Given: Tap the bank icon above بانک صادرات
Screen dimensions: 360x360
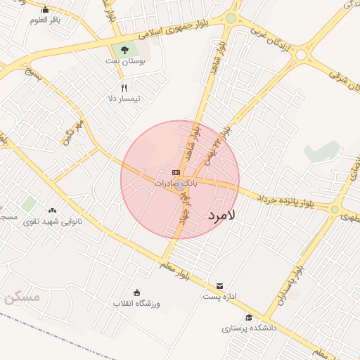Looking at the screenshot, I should click(175, 172).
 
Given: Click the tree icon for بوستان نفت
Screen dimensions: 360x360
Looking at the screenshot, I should click(124, 50).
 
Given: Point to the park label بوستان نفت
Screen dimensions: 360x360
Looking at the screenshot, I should click(127, 63).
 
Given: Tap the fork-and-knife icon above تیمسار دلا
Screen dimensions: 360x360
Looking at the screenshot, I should click(124, 88).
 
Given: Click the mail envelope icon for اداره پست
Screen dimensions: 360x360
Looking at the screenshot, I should click(220, 285).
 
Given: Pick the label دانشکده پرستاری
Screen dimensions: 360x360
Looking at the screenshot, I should click(250, 328).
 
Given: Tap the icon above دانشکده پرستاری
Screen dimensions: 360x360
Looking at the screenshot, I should click(248, 317).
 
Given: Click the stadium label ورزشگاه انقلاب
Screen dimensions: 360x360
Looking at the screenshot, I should click(137, 303).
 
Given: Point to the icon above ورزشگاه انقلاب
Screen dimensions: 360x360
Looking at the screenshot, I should click(137, 292).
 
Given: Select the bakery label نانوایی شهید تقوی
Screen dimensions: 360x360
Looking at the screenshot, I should click(53, 221).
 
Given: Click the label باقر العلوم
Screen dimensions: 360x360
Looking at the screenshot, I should click(45, 20).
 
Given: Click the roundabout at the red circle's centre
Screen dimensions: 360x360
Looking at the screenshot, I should click(180, 185).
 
